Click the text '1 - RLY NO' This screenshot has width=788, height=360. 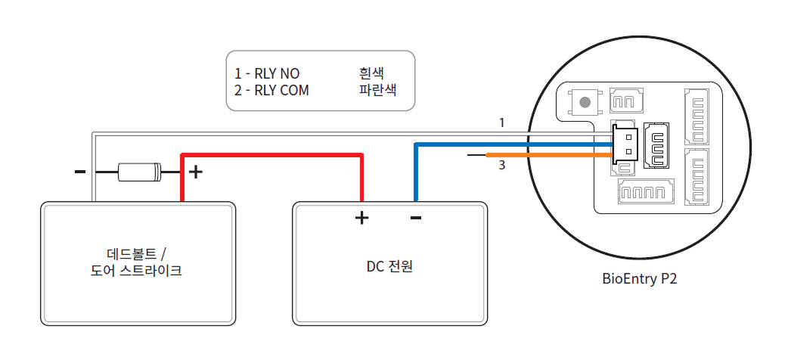click(267, 74)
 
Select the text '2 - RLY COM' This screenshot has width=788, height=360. click(271, 90)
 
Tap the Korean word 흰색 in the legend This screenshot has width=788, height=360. click(371, 73)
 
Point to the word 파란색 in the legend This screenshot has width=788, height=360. click(377, 90)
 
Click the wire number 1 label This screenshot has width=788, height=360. click(501, 122)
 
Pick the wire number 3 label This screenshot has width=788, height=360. click(501, 165)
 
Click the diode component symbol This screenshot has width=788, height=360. click(140, 172)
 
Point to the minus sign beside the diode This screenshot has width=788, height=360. click(80, 172)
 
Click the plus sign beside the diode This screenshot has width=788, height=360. click(195, 172)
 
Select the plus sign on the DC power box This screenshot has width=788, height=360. click(361, 219)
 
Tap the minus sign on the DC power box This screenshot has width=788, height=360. click(415, 219)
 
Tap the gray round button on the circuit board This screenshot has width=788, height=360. click(583, 101)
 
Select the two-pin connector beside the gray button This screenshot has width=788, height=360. click(625, 101)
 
